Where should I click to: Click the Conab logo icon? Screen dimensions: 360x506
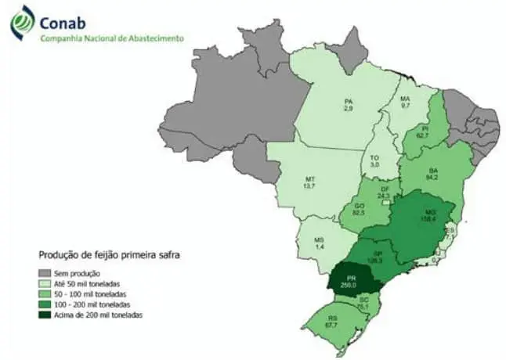(21, 23)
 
